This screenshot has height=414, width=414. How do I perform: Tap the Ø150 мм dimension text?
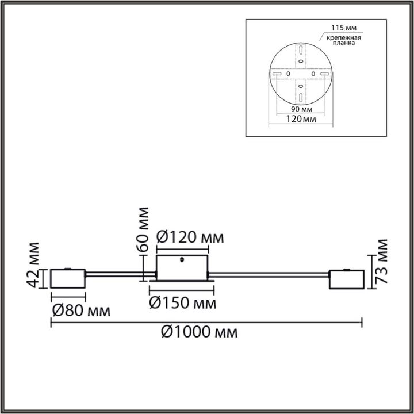(x=183, y=303)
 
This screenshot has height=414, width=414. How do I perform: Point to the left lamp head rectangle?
(x=68, y=279)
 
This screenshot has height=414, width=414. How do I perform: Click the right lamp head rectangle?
(x=346, y=279)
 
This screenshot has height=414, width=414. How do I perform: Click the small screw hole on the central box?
(x=182, y=259)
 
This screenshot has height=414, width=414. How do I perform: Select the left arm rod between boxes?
(x=121, y=274)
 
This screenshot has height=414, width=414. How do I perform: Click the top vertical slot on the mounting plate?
(x=300, y=53)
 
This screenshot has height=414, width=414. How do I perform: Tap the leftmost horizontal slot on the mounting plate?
(x=277, y=75)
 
